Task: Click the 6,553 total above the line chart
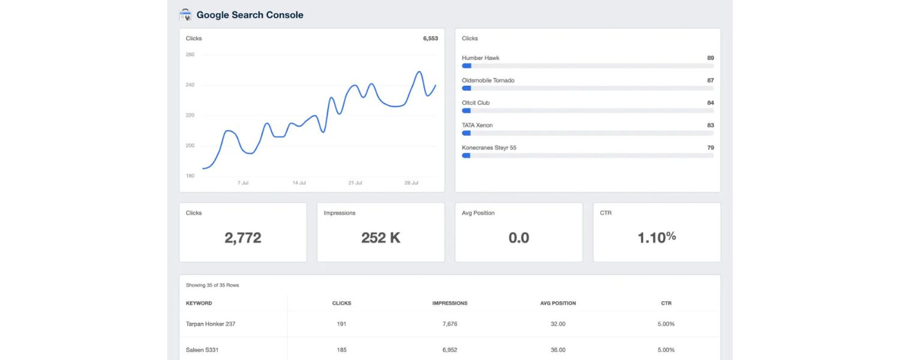[x=430, y=38]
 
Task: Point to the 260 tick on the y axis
[x=190, y=55]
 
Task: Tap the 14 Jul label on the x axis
[x=299, y=182]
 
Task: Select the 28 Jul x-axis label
[x=411, y=182]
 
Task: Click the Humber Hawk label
[x=481, y=58]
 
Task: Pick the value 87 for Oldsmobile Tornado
[x=710, y=80]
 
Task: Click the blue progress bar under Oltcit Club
[x=466, y=110]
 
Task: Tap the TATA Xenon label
[x=478, y=125]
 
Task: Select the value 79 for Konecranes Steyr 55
[x=710, y=148]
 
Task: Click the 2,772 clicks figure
[x=243, y=238]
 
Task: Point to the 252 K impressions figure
[x=381, y=238]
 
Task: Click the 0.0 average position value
[x=519, y=238]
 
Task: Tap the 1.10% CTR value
[x=657, y=237]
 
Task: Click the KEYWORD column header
[x=199, y=304]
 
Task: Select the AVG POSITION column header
[x=558, y=304]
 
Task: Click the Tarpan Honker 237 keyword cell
[x=211, y=324]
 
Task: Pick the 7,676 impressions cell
[x=450, y=324]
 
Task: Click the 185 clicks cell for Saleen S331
[x=342, y=350]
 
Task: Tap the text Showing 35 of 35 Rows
[x=212, y=285]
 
